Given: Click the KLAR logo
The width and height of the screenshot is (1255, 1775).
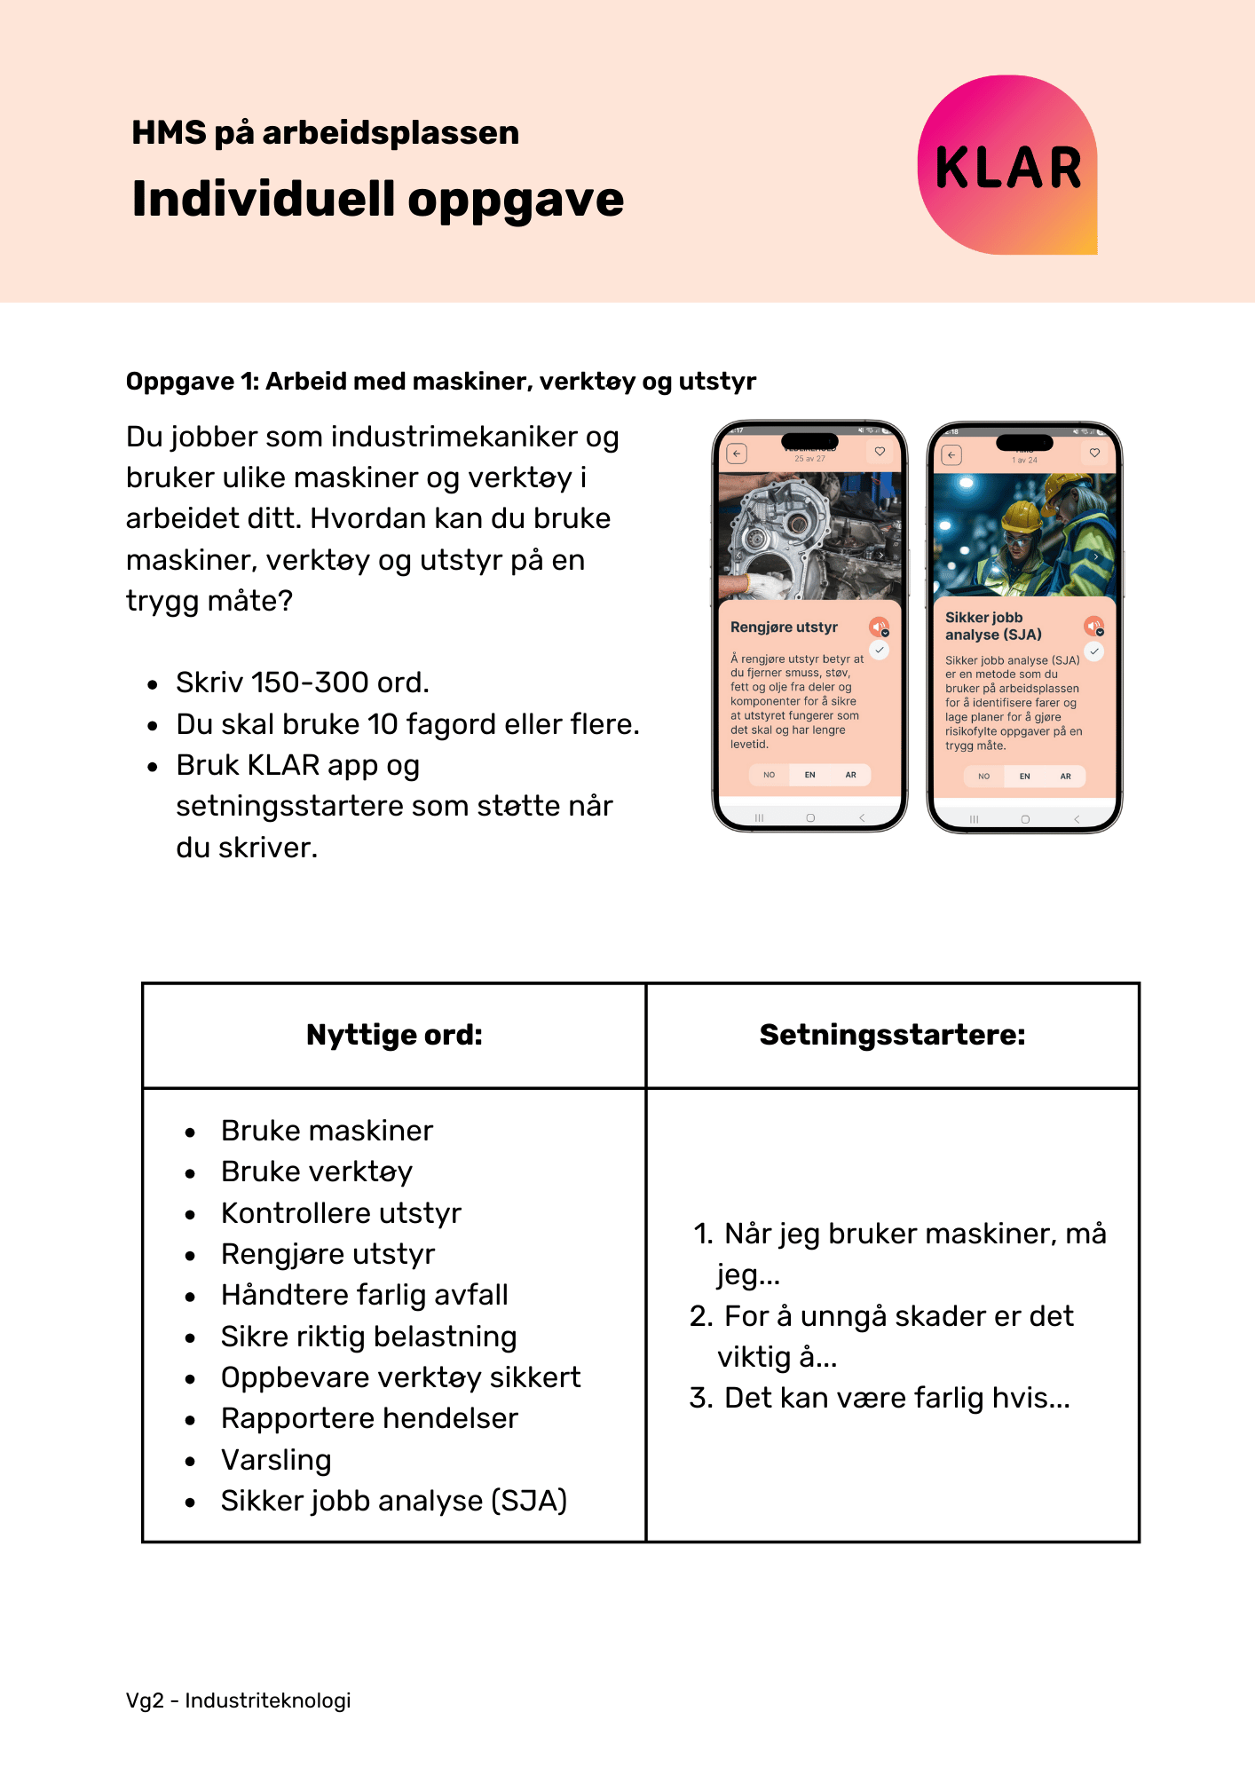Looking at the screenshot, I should pyautogui.click(x=1007, y=166).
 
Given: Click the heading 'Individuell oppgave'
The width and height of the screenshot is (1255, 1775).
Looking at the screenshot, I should pyautogui.click(x=377, y=199).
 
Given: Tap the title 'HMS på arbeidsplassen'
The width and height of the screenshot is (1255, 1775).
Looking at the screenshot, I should pyautogui.click(x=325, y=133).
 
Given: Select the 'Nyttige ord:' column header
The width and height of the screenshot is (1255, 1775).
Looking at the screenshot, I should pyautogui.click(x=394, y=1035).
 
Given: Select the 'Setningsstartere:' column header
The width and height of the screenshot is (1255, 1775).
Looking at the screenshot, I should pyautogui.click(x=892, y=1035).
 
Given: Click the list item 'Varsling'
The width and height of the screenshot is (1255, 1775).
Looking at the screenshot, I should pyautogui.click(x=276, y=1460).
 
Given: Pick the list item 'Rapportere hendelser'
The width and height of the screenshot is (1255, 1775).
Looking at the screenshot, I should pyautogui.click(x=369, y=1418).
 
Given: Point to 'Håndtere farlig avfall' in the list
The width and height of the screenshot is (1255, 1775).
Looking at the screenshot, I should pyautogui.click(x=364, y=1295).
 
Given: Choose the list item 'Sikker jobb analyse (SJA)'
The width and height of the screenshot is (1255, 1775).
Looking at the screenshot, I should pyautogui.click(x=393, y=1501).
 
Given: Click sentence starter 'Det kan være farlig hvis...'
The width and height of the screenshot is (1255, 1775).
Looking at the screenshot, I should pyautogui.click(x=896, y=1398).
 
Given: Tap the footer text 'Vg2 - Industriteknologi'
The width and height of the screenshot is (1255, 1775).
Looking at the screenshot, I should pyautogui.click(x=238, y=1700).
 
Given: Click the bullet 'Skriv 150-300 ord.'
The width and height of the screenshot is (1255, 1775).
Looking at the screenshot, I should pyautogui.click(x=302, y=682).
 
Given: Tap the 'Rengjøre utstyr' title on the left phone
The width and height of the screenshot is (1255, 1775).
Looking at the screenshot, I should pyautogui.click(x=784, y=627).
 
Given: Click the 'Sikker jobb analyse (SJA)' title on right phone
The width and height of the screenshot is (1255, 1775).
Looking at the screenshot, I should pyautogui.click(x=992, y=626).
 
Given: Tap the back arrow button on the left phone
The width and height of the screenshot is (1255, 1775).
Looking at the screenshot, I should pyautogui.click(x=737, y=454).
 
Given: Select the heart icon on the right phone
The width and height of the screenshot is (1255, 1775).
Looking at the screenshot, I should pyautogui.click(x=1094, y=453).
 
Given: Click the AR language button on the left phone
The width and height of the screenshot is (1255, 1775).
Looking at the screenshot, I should pyautogui.click(x=850, y=775).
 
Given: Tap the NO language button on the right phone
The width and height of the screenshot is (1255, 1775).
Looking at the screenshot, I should pyautogui.click(x=983, y=776).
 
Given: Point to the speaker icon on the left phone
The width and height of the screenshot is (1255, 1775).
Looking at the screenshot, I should pyautogui.click(x=878, y=627).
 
